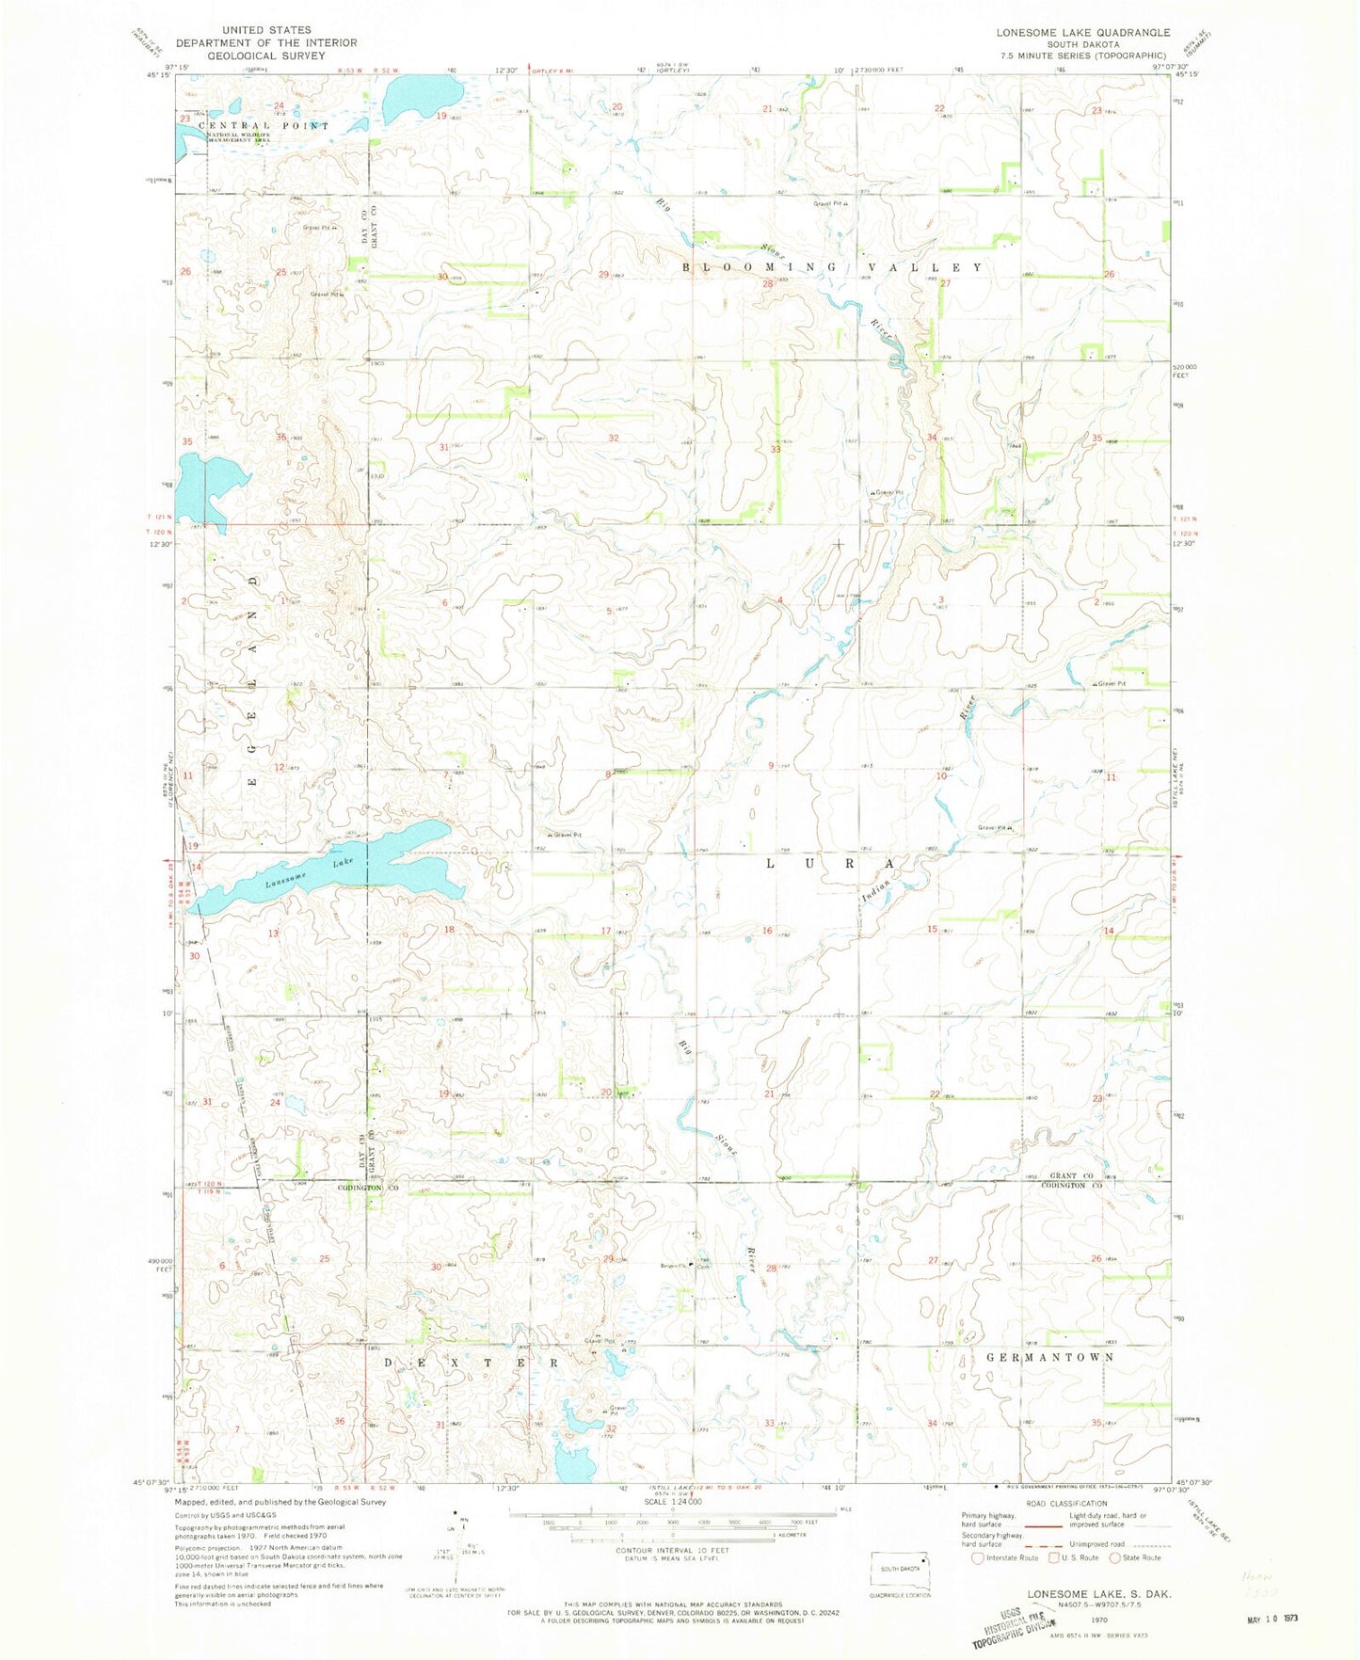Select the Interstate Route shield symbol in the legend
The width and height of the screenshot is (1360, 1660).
[x=978, y=1556]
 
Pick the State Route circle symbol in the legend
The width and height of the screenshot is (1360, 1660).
[x=1115, y=1556]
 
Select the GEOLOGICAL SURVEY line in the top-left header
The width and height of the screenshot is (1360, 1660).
[x=265, y=56]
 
